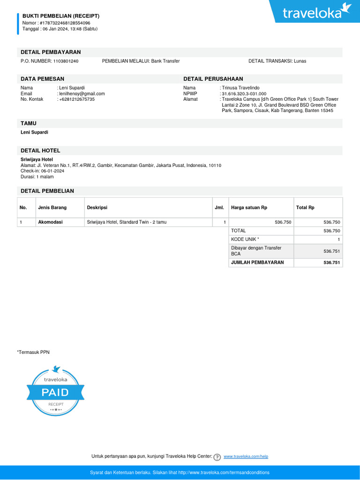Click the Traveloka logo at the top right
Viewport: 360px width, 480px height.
[x=317, y=12]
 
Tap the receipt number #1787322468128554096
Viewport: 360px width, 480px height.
[x=65, y=22]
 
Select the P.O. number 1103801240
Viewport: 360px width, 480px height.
[x=66, y=61]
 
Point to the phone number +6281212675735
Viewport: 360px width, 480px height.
[x=77, y=99]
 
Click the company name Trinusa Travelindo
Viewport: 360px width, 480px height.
[x=240, y=88]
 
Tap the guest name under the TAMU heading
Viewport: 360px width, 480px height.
[x=34, y=132]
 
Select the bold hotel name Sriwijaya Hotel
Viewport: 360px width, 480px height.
[x=37, y=159]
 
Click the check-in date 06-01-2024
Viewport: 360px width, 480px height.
[x=52, y=171]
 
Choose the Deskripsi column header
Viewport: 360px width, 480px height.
[x=97, y=208]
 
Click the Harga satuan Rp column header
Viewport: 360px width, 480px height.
[x=249, y=208]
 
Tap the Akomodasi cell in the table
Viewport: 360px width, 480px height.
[x=50, y=222]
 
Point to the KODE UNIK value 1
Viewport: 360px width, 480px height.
[x=338, y=240]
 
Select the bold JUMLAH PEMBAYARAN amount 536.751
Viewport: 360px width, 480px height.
[x=332, y=262]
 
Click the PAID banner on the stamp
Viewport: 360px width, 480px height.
[x=55, y=392]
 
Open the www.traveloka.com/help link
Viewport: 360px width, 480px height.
[x=246, y=457]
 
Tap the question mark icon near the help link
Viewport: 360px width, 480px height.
[x=217, y=457]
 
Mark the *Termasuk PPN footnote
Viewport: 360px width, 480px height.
[x=33, y=352]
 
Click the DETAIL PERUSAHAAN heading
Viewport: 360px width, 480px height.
[x=213, y=79]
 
